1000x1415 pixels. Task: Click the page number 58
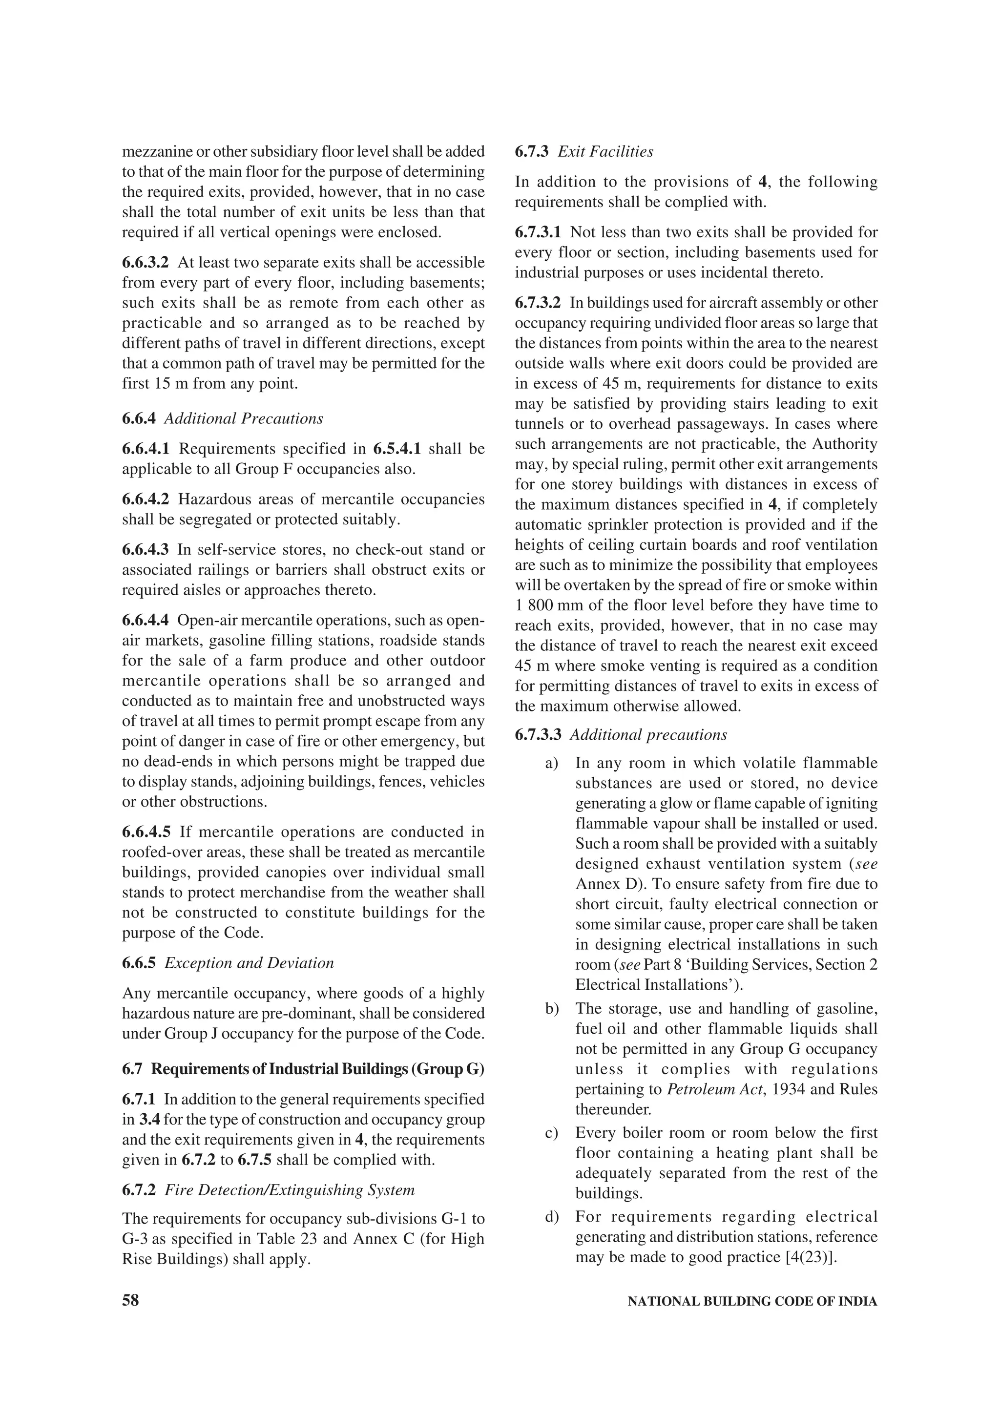pyautogui.click(x=131, y=1300)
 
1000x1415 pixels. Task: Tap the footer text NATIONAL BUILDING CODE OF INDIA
pyautogui.click(x=752, y=1302)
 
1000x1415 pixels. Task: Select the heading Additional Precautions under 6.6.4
pyautogui.click(x=243, y=418)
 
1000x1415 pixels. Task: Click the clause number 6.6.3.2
pyautogui.click(x=146, y=263)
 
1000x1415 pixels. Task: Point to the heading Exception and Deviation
pyautogui.click(x=249, y=963)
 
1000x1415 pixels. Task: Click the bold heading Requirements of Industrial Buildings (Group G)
pyautogui.click(x=318, y=1069)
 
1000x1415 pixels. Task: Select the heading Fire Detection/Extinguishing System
pyautogui.click(x=290, y=1190)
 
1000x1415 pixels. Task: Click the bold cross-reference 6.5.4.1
pyautogui.click(x=397, y=449)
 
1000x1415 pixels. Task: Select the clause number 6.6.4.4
pyautogui.click(x=146, y=620)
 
